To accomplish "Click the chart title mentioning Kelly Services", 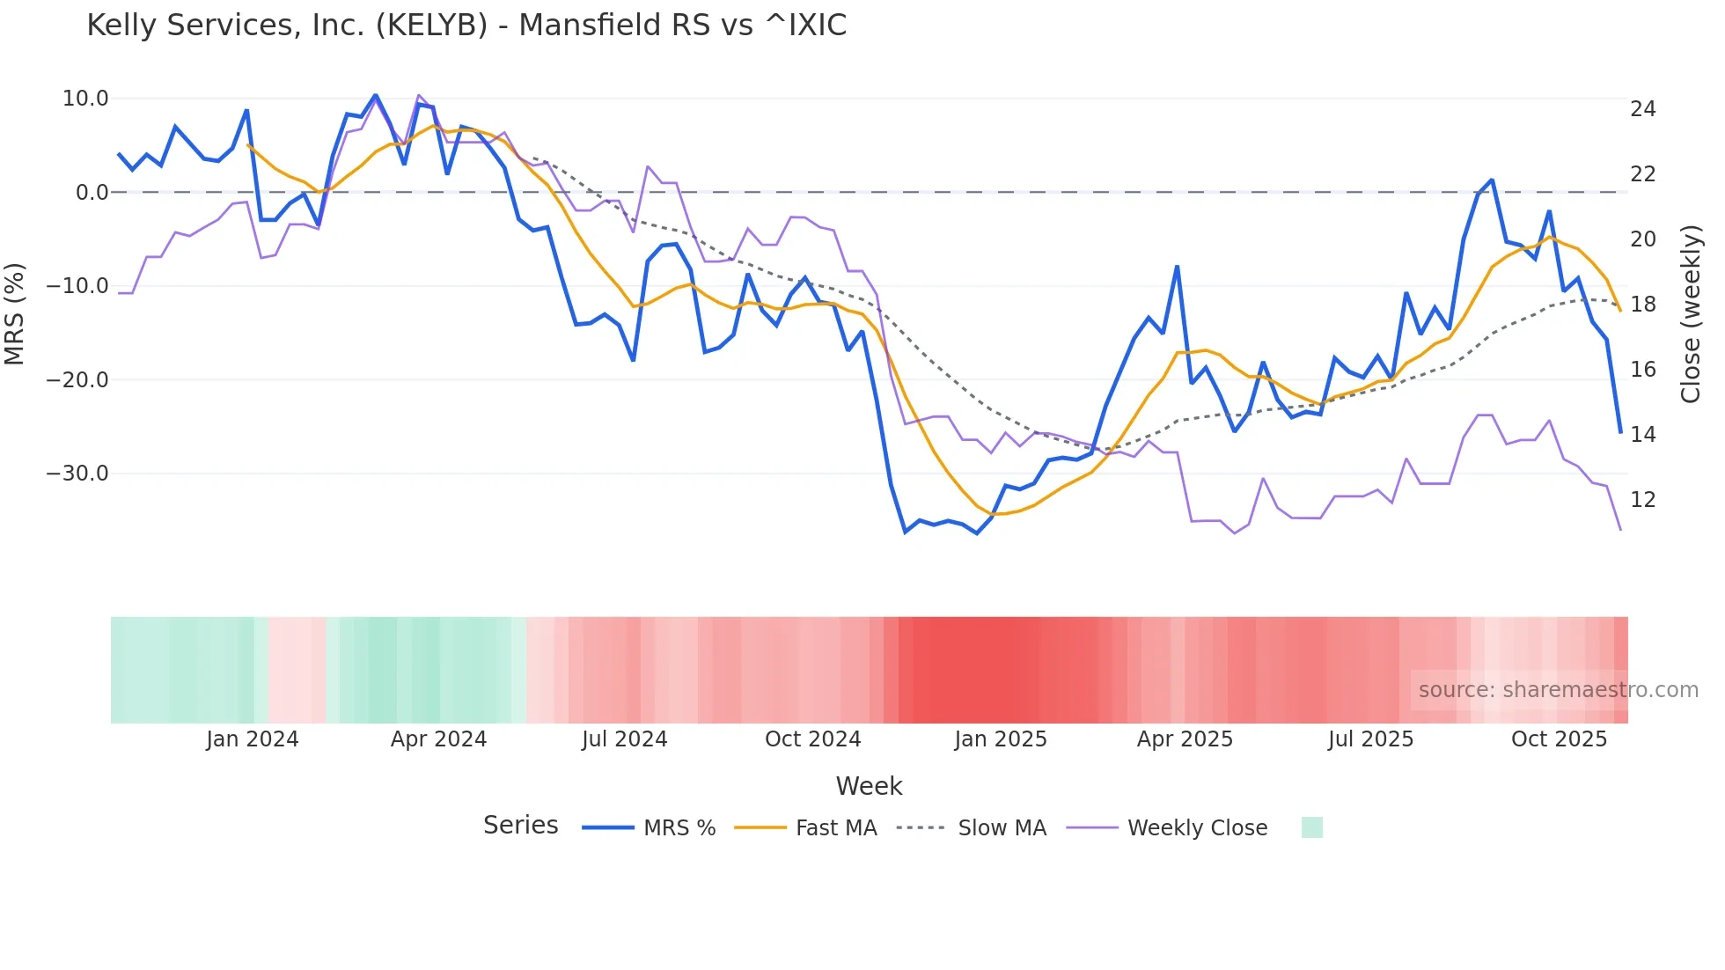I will (466, 26).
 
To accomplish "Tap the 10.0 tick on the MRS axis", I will (85, 99).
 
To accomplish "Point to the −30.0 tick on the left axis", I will (77, 474).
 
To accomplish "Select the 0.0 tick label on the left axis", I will (92, 193).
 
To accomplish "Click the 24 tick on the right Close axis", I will (1642, 109).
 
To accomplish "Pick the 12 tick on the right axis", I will (1642, 500).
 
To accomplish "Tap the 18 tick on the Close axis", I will (1642, 305).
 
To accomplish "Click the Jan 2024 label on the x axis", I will (253, 739).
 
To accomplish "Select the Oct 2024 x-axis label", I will (812, 739).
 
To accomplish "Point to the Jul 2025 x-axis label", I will (1370, 739).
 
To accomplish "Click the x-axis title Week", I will (869, 786).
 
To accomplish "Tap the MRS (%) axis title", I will (15, 314).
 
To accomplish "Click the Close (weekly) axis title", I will (1691, 314).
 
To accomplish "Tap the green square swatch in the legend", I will (1311, 828).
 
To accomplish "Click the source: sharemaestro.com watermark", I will (1558, 690).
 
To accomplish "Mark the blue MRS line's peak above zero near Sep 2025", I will (1492, 180).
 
